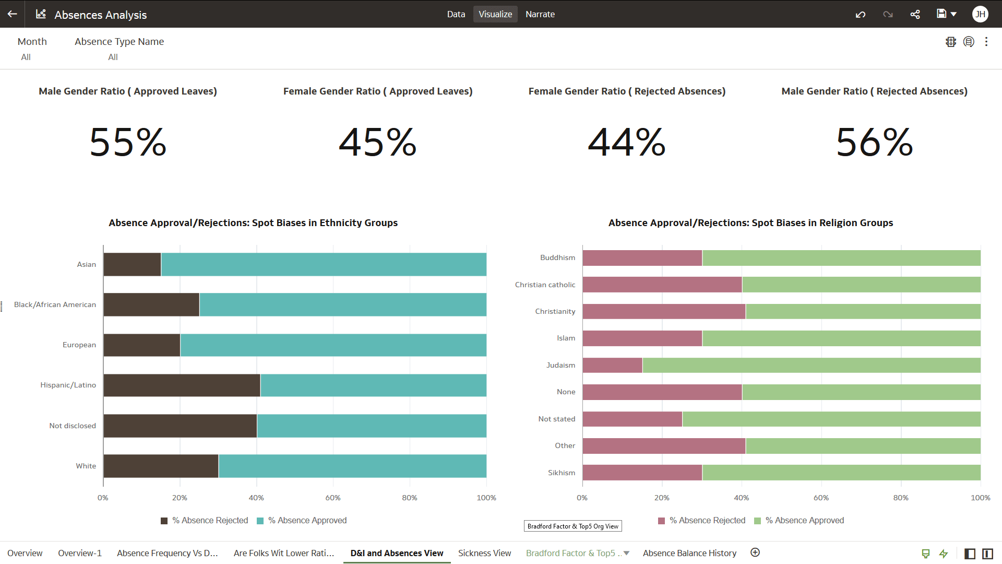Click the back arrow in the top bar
pyautogui.click(x=13, y=14)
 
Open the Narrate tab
pyautogui.click(x=540, y=14)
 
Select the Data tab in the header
pyautogui.click(x=456, y=14)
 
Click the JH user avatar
pyautogui.click(x=980, y=14)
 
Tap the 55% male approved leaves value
pyautogui.click(x=128, y=142)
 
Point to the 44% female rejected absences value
pyautogui.click(x=626, y=142)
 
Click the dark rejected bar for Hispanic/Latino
pyautogui.click(x=182, y=385)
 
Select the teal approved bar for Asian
pyautogui.click(x=324, y=264)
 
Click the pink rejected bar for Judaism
pyautogui.click(x=612, y=365)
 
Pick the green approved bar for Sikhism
pyautogui.click(x=841, y=473)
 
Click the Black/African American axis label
pyautogui.click(x=55, y=304)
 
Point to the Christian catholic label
pyautogui.click(x=545, y=285)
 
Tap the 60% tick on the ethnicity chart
pyautogui.click(x=333, y=498)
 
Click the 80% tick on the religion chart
pyautogui.click(x=901, y=498)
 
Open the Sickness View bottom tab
pyautogui.click(x=484, y=553)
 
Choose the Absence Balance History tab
pyautogui.click(x=689, y=553)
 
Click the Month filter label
pyautogui.click(x=32, y=41)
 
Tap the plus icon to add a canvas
pyautogui.click(x=755, y=553)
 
